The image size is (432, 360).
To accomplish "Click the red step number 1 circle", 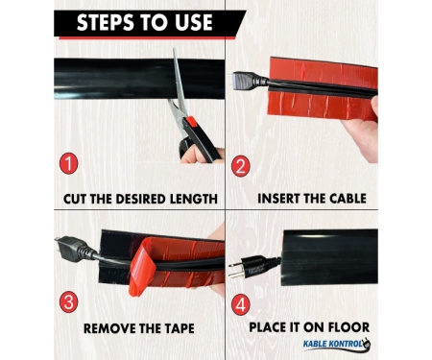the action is (68, 163).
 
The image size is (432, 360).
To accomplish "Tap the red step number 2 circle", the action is (240, 166).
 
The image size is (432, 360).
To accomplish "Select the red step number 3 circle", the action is (68, 302).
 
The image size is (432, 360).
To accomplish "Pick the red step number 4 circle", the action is (240, 304).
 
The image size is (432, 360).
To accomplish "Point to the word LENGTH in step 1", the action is (194, 199).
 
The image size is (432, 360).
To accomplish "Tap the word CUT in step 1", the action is (75, 199).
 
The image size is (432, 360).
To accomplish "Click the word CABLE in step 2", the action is (348, 199).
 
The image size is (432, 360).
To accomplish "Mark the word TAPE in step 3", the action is (180, 328).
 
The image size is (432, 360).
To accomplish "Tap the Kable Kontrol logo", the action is (337, 345).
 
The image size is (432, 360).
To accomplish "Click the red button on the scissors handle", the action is (191, 122).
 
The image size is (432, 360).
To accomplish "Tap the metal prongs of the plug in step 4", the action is (234, 270).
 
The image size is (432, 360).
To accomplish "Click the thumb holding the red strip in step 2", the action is (373, 106).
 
